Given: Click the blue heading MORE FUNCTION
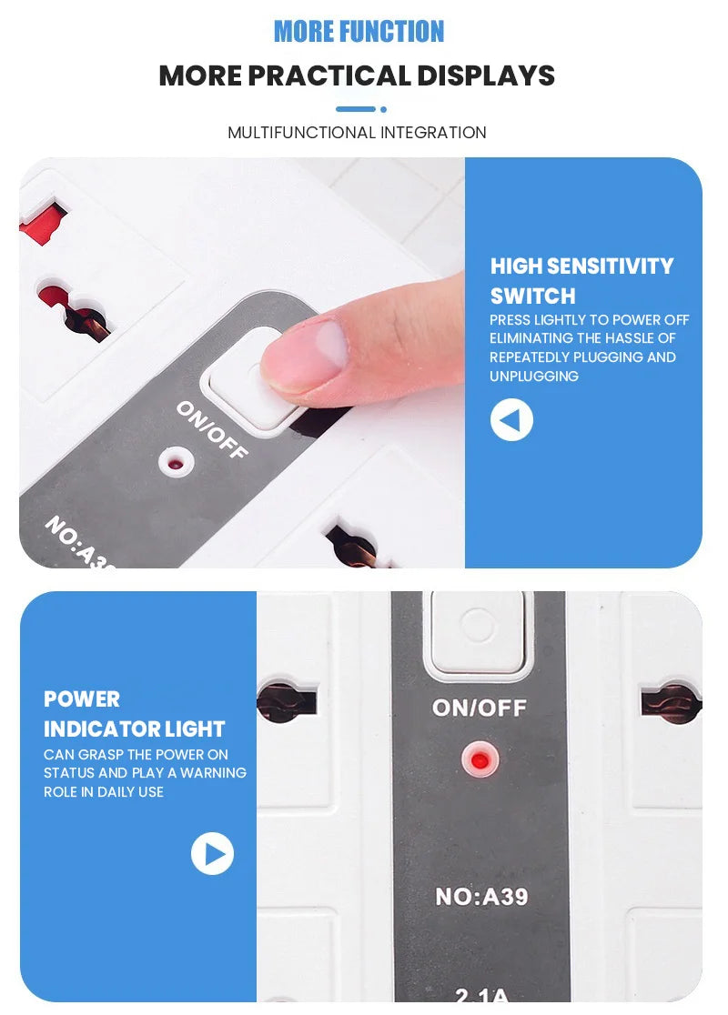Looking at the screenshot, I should (359, 32).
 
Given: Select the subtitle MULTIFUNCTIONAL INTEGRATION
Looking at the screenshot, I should (357, 133).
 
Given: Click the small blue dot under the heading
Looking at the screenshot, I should (383, 109).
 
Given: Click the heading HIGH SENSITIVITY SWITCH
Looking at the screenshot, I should (581, 280).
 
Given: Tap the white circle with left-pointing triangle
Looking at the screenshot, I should (511, 420).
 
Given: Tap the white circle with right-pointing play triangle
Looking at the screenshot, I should (212, 854).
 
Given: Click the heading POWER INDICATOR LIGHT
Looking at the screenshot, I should (134, 714).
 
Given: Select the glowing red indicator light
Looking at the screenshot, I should (480, 757).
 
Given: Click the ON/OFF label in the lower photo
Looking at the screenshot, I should (479, 708).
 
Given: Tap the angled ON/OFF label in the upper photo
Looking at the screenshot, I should (212, 429).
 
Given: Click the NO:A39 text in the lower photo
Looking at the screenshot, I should (480, 897).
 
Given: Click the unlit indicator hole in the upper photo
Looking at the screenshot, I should (176, 461).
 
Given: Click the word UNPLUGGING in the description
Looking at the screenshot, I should (534, 377).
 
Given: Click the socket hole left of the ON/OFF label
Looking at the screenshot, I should (288, 702).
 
